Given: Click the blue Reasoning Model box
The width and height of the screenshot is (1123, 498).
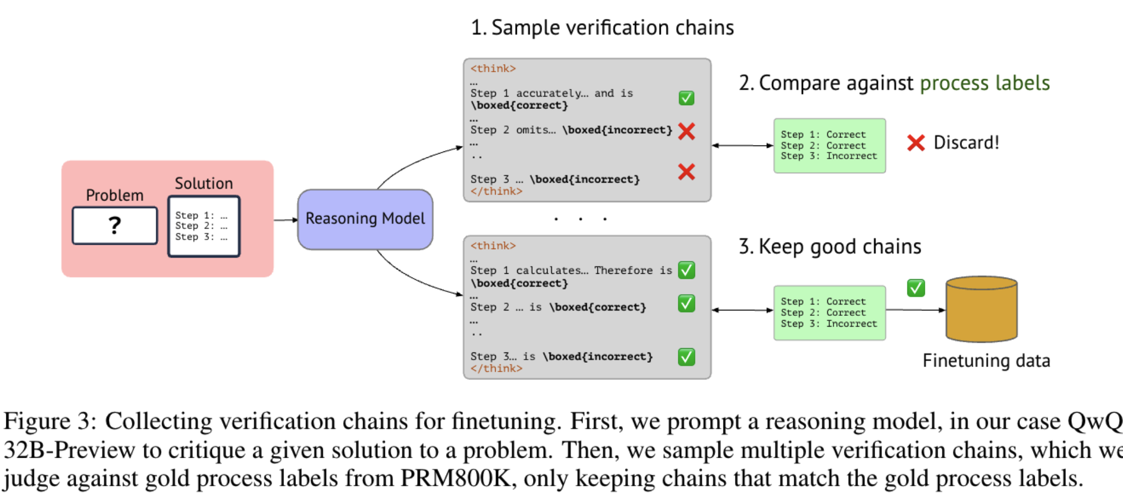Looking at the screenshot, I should coord(365,219).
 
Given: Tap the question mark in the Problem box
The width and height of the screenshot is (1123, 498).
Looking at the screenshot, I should coord(114,225).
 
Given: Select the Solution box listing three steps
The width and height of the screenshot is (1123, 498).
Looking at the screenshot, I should coord(204,226).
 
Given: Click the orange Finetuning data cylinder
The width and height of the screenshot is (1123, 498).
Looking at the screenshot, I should coord(981,309).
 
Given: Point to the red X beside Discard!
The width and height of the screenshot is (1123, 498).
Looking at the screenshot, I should coord(916,143).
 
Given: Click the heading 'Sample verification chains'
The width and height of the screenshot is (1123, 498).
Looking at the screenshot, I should coord(612,27).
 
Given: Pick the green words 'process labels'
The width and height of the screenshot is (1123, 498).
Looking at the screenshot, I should coord(985,83).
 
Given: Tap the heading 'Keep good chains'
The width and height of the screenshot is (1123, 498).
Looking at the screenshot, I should coord(840,246).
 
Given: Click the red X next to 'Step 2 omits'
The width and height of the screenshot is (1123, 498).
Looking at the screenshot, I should coord(687,131).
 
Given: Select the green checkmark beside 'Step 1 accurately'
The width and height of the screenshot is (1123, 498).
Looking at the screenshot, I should coord(686,98).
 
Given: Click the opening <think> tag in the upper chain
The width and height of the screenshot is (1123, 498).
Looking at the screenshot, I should coord(493,68).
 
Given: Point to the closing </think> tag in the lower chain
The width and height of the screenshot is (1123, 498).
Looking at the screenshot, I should coord(496,369).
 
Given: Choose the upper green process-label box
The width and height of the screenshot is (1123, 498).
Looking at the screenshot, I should coord(829,146).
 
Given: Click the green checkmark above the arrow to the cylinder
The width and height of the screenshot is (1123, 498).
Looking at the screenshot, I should coord(916,288).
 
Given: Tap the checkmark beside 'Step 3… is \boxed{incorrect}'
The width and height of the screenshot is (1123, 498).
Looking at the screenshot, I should coord(686,357).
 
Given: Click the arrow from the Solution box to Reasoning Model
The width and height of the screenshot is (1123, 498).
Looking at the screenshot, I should coord(286,220).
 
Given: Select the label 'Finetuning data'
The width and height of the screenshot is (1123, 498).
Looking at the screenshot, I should coord(986,361).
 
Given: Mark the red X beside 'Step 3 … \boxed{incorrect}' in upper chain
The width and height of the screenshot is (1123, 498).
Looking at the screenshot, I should coord(686,172).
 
